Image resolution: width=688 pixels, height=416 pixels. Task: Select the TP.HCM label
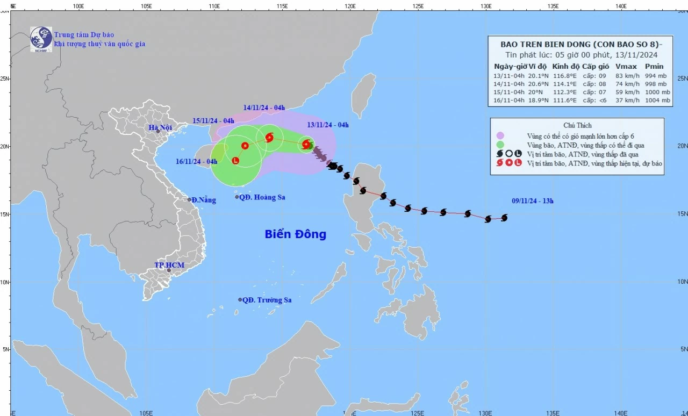tap(169, 266)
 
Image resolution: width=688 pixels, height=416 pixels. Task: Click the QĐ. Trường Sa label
tap(267, 300)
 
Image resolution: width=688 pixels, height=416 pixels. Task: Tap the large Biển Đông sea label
tap(295, 234)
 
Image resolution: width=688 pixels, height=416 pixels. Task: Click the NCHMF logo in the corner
tap(41, 39)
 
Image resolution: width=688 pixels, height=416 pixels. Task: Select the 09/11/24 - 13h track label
tap(532, 201)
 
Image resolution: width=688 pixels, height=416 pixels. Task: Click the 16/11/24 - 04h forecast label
tap(196, 161)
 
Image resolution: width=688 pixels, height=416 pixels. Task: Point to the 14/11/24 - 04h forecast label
tap(264, 107)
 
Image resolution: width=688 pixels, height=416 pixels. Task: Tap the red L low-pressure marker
tap(235, 161)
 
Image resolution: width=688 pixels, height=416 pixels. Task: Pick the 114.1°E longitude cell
tap(562, 84)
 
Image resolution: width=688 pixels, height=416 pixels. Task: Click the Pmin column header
tap(654, 67)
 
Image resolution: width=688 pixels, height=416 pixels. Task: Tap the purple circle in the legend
tap(500, 136)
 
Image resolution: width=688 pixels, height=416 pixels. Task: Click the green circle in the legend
tap(500, 145)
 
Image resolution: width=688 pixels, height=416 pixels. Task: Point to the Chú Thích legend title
tap(577, 125)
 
